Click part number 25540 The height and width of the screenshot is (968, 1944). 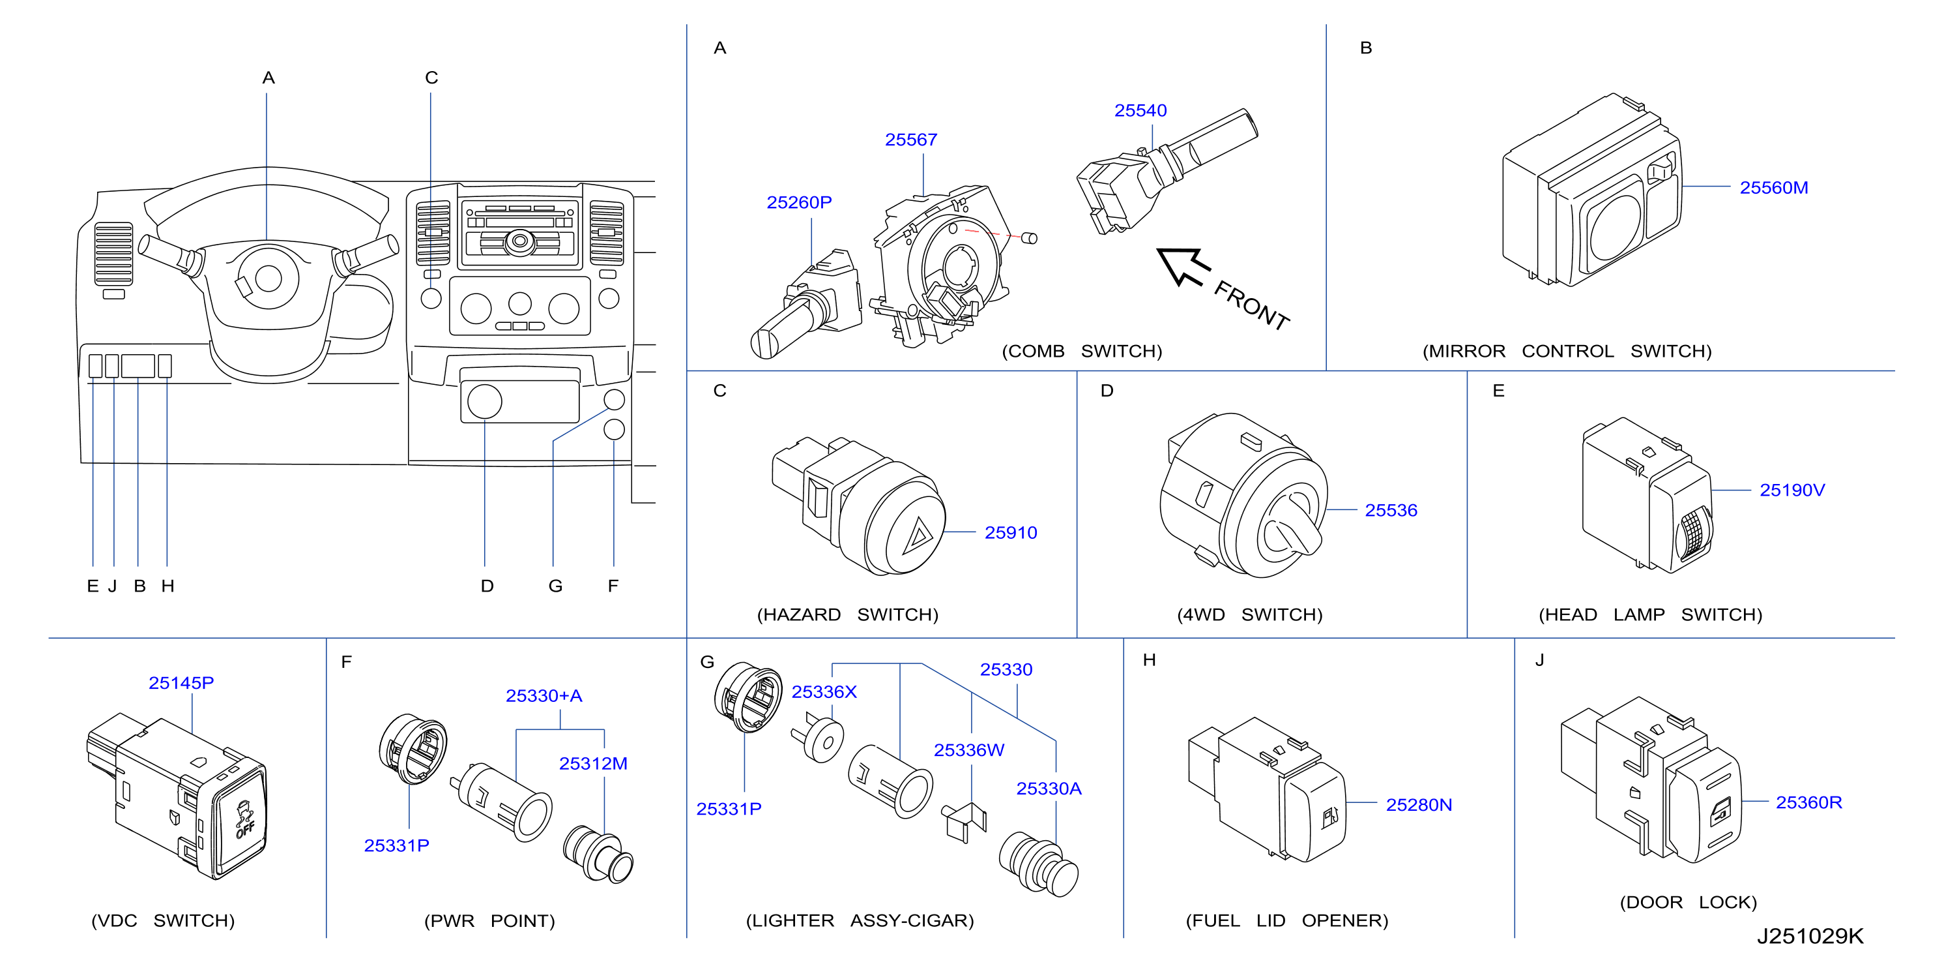1140,110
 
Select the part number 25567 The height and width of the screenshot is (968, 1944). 911,140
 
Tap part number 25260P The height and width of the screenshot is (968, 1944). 799,202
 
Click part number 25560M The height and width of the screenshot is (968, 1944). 1773,187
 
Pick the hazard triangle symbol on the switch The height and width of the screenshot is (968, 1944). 918,536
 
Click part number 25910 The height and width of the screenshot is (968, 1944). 1011,532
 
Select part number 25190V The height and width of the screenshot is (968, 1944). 1792,490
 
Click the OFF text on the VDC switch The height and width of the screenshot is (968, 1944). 245,829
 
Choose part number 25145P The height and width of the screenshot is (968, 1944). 181,682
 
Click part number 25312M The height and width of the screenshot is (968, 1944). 593,763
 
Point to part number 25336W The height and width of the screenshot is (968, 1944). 969,749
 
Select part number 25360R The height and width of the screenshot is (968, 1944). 1808,802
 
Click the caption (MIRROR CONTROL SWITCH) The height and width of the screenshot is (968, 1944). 1567,351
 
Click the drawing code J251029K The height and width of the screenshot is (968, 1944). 1810,935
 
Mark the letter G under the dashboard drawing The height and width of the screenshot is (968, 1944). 555,586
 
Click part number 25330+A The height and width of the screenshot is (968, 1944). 544,695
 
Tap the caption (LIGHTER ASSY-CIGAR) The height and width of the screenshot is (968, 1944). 860,920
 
